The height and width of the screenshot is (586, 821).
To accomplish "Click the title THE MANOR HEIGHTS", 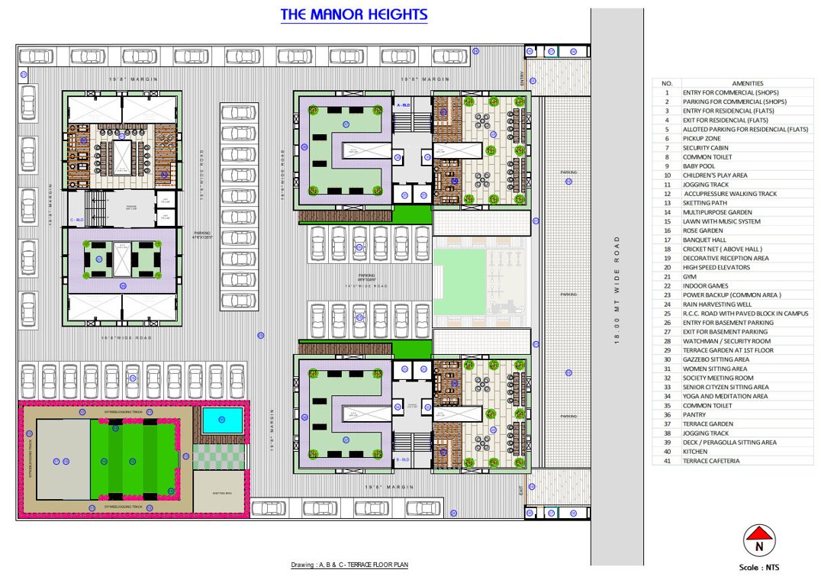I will [353, 14].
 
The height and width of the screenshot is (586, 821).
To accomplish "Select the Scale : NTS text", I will [758, 567].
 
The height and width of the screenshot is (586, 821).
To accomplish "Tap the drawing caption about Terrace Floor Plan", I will [349, 565].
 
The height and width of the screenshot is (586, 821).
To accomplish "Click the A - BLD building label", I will [404, 103].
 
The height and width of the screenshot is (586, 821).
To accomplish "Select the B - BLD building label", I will [404, 460].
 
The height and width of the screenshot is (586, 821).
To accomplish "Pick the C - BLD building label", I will [76, 220].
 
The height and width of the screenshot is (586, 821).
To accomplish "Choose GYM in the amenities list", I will [690, 277].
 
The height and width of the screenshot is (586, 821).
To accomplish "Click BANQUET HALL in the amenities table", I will [705, 240].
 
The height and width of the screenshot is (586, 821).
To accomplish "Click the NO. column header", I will [666, 83].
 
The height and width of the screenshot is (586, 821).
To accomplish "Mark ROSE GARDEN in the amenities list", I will [703, 230].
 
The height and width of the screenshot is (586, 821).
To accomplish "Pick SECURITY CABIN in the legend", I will [705, 147].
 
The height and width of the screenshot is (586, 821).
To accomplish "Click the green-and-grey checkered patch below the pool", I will [219, 456].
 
